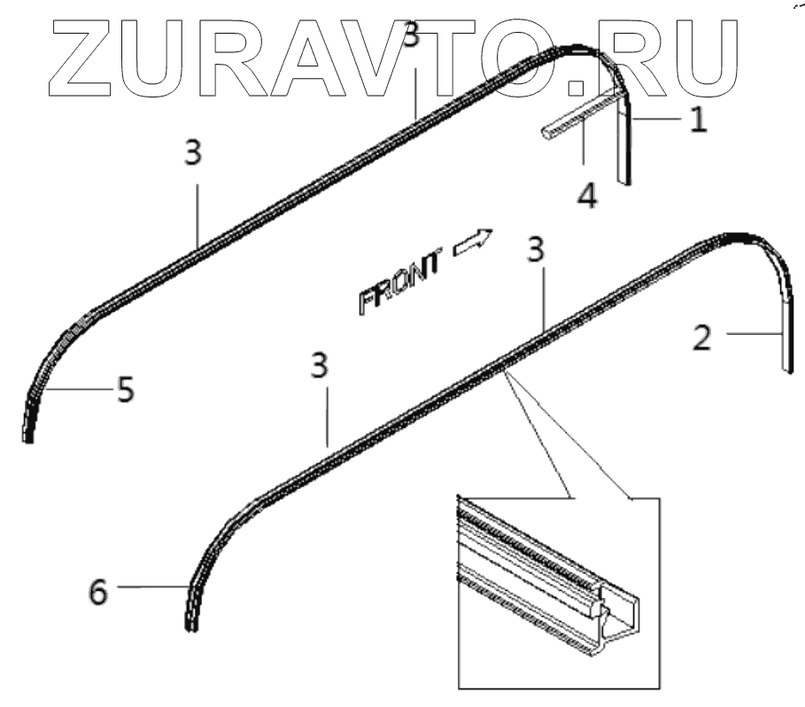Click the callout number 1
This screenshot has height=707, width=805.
tap(698, 119)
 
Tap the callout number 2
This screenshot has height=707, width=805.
tap(701, 338)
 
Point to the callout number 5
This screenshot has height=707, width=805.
tap(126, 389)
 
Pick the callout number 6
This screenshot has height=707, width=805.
tap(97, 591)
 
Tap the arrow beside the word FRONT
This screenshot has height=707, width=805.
tap(473, 241)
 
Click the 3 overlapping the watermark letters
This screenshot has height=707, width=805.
tap(409, 37)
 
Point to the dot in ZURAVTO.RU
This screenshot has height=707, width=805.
tap(577, 86)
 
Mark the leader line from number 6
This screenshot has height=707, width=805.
tap(151, 586)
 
